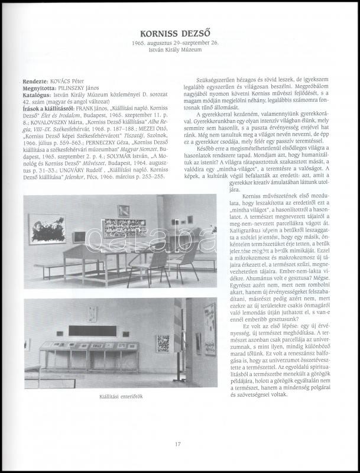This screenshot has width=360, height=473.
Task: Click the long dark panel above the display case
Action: click(x=92, y=331)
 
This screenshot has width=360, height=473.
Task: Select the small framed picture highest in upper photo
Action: click(x=124, y=210)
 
